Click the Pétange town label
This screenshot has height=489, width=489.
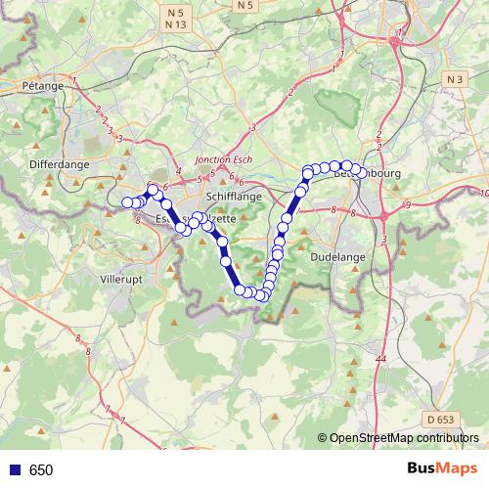42,86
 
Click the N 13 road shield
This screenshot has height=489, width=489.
177,23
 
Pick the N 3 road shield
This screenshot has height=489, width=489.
452,78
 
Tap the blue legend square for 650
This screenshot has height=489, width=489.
14,470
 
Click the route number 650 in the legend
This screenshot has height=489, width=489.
41,470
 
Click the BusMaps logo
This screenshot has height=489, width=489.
442,468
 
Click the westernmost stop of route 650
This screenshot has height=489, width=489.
127,202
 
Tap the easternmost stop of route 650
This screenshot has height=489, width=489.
363,173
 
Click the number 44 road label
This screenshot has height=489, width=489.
380,361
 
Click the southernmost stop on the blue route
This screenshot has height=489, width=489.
261,296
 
